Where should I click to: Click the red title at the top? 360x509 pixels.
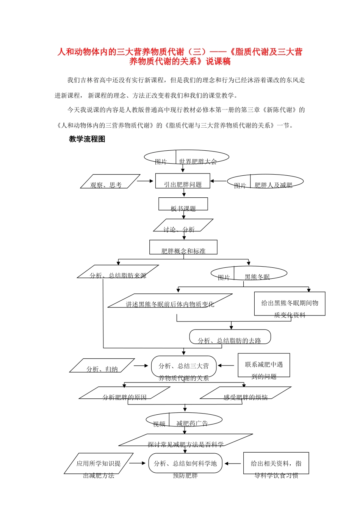(180, 56)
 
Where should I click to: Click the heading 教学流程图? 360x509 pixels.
(87, 139)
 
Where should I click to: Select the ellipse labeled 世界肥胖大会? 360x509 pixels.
(186, 157)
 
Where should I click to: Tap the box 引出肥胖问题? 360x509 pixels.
(183, 181)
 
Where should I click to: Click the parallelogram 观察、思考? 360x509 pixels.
(110, 181)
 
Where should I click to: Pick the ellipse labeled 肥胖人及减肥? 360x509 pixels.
(265, 181)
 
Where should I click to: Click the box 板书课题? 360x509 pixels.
(183, 204)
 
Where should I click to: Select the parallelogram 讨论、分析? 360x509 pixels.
(183, 225)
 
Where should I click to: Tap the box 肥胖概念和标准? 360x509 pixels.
(183, 247)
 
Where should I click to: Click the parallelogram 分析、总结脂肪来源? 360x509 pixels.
(118, 272)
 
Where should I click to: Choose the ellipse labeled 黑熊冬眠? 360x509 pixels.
(249, 273)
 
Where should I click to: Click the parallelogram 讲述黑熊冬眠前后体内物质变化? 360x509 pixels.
(170, 301)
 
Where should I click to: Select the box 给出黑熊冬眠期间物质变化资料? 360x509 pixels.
(290, 304)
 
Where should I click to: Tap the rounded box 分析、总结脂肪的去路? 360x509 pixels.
(230, 337)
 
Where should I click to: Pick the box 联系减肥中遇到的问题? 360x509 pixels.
(264, 365)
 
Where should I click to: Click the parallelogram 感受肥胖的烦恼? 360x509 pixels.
(246, 393)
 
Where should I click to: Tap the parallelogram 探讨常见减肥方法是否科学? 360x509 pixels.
(186, 440)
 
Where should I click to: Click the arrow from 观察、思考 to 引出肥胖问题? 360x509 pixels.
(145, 181)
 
